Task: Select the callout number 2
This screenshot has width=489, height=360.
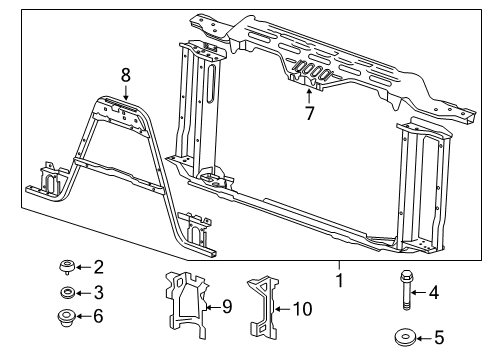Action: [98, 266]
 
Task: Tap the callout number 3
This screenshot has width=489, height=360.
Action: [98, 293]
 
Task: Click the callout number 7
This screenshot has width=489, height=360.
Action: [309, 113]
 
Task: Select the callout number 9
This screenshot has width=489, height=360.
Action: [227, 306]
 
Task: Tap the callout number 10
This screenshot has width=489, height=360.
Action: [301, 309]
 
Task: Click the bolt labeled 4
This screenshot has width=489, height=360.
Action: [410, 295]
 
